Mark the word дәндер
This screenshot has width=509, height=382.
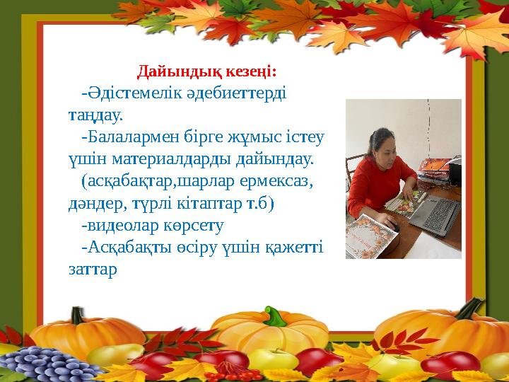point(88,204)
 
